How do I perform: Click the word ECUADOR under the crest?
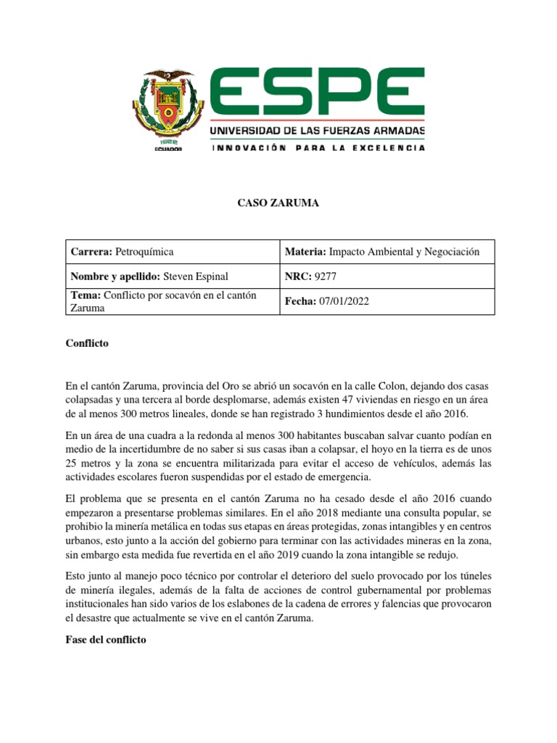(168, 149)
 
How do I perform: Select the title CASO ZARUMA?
(278, 204)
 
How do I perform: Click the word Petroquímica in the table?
(144, 252)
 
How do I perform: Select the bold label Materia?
(305, 252)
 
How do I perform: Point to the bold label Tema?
(86, 294)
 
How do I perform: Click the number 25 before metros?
(72, 463)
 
